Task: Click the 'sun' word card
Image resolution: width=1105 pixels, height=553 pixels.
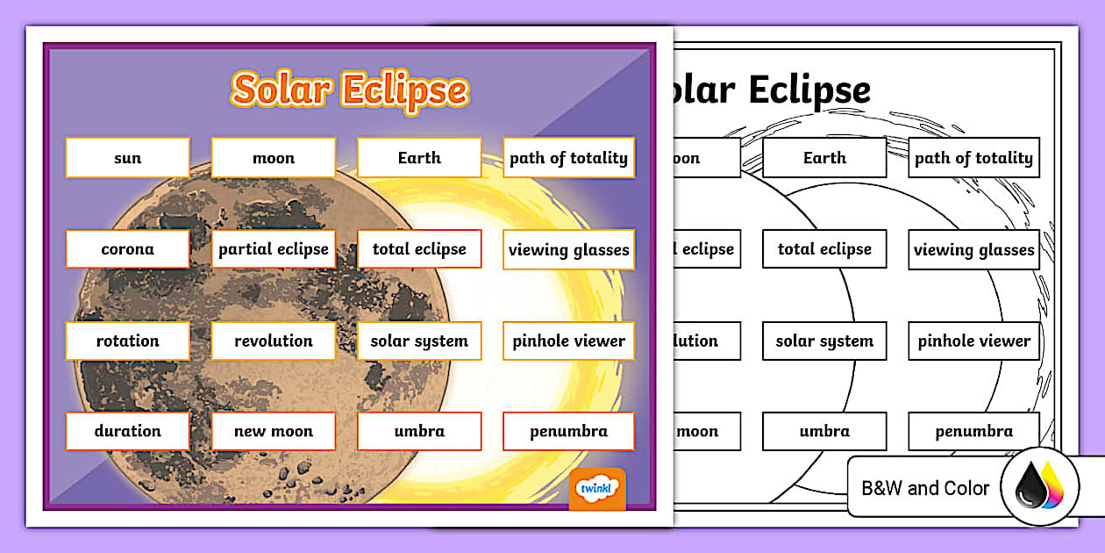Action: (x=127, y=158)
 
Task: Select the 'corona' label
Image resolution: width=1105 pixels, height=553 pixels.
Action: (x=127, y=249)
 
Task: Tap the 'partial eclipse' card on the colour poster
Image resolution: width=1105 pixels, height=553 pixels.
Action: (x=273, y=249)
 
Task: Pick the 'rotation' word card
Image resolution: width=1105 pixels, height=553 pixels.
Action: (x=127, y=341)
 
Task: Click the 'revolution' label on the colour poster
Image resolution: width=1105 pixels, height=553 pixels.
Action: (x=273, y=341)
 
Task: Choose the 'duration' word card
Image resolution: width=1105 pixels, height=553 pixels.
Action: (x=127, y=431)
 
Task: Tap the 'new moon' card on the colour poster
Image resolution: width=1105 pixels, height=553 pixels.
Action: (x=273, y=431)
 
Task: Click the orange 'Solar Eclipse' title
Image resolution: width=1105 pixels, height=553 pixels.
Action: (x=349, y=90)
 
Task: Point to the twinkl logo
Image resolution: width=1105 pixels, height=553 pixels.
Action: (x=597, y=489)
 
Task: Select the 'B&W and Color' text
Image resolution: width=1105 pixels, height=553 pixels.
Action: (x=925, y=488)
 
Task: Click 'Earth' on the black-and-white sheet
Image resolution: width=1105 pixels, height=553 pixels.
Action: (x=824, y=158)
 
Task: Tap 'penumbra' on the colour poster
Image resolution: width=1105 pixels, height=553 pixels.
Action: (x=568, y=431)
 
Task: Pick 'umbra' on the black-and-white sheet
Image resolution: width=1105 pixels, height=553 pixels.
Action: (x=824, y=431)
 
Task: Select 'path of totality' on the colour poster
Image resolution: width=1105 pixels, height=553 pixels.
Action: (x=568, y=158)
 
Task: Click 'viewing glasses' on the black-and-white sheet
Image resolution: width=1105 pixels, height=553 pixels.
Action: (x=973, y=250)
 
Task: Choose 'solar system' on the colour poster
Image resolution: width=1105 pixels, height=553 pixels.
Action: (x=419, y=341)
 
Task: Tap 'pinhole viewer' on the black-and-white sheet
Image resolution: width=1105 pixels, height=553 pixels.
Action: (x=973, y=341)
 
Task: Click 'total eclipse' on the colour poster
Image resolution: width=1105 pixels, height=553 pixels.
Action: (x=419, y=249)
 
